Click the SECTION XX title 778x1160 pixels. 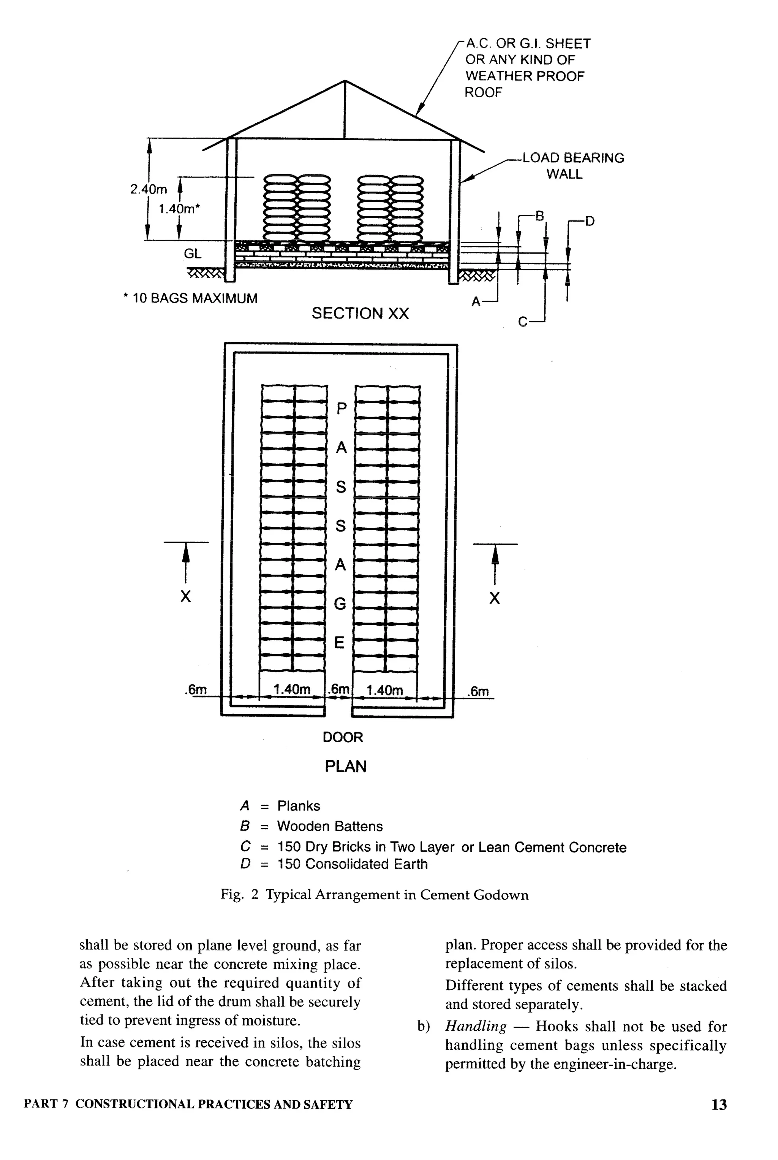pyautogui.click(x=360, y=313)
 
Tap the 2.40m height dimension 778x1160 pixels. pyautogui.click(x=149, y=189)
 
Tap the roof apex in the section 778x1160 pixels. pyautogui.click(x=345, y=81)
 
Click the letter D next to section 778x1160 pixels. pyautogui.click(x=590, y=221)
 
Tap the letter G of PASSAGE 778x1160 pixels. pyautogui.click(x=340, y=604)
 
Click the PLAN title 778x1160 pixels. pyautogui.click(x=345, y=766)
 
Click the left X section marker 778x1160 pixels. pyautogui.click(x=185, y=596)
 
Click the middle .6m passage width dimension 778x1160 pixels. pyautogui.click(x=339, y=689)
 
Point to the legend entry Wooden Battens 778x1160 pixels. pyautogui.click(x=329, y=826)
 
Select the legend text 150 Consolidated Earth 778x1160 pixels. pyautogui.click(x=352, y=864)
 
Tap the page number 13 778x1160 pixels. pyautogui.click(x=719, y=1105)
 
